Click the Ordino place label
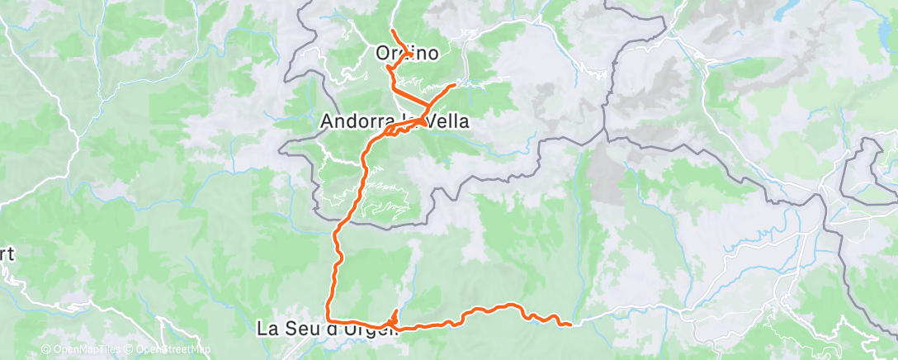tap(407, 53)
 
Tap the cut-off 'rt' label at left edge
tap(7, 254)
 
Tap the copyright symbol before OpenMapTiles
tap(45, 350)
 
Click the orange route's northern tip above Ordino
tap(391, 31)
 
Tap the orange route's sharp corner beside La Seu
tap(328, 319)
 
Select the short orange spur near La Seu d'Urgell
tap(395, 314)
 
